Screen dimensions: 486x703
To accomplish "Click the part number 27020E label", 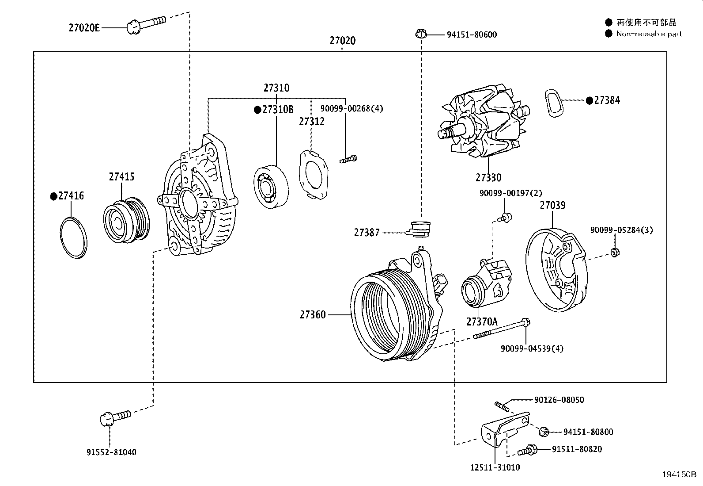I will click(x=84, y=28).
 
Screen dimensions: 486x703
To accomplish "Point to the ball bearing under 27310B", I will click(x=271, y=187).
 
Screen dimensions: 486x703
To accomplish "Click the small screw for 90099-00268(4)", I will click(x=348, y=159).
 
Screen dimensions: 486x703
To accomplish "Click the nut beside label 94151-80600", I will click(x=421, y=34).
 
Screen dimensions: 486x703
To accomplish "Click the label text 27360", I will click(x=313, y=315).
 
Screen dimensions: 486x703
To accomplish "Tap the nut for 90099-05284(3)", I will click(x=614, y=253).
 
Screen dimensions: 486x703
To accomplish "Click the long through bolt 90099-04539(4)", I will click(x=501, y=329).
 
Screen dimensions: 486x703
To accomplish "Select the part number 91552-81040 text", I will click(x=111, y=452).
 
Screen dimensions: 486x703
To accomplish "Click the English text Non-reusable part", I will click(x=649, y=34).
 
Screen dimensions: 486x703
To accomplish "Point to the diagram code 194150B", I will click(x=678, y=475).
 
